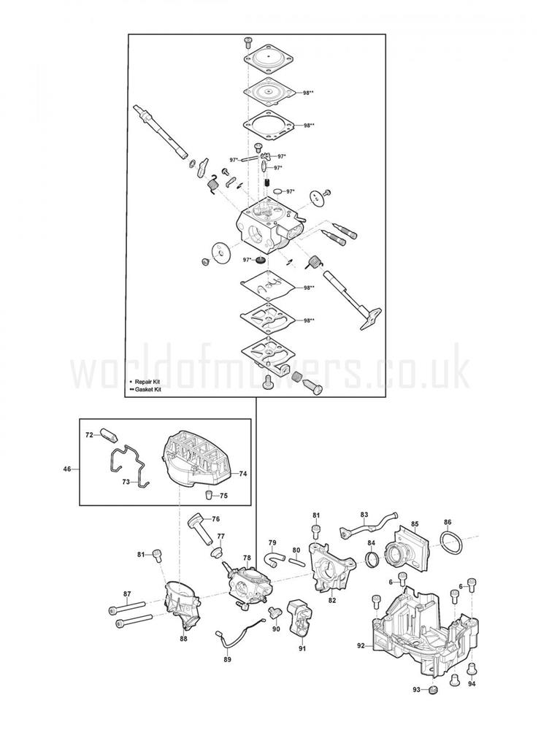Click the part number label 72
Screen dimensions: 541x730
click(89, 434)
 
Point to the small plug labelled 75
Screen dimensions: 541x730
click(209, 494)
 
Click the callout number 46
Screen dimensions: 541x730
click(67, 469)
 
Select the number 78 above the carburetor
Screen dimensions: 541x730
click(247, 558)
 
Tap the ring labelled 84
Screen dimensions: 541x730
click(372, 558)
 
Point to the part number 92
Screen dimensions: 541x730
click(361, 646)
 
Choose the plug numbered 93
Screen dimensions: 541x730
click(434, 690)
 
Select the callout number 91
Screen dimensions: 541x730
click(303, 648)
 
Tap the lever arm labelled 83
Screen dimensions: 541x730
click(368, 528)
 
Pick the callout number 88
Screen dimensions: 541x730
click(183, 639)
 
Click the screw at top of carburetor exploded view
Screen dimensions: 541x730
click(248, 43)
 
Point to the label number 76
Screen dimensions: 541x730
click(215, 519)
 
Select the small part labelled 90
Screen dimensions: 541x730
click(275, 614)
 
